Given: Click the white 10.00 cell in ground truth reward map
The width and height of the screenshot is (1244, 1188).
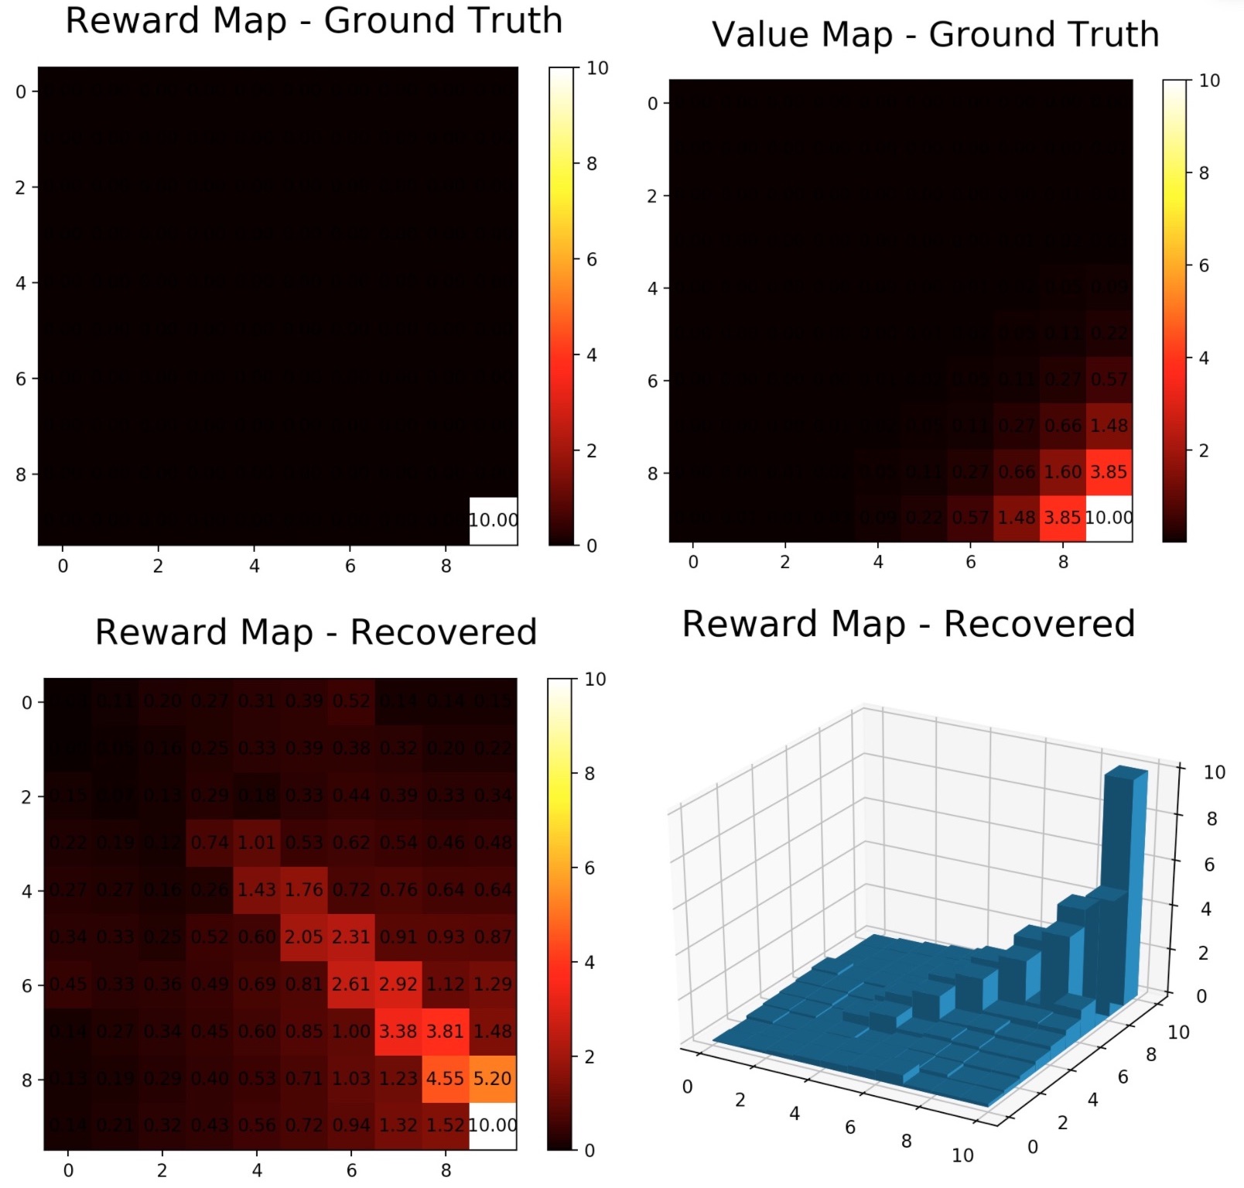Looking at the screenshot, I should pos(494,521).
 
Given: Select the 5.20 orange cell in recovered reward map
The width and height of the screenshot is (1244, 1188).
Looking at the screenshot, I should pos(492,1078).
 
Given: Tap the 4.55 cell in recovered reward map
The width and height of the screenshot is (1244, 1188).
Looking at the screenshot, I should pos(445,1078).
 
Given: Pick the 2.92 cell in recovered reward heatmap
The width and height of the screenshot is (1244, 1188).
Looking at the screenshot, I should pos(398,984).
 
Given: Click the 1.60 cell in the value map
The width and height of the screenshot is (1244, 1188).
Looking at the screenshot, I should pos(1062,472).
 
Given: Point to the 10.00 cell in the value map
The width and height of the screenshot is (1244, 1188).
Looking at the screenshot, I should pos(1109,518).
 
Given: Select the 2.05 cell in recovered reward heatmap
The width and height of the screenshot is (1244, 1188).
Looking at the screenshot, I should pos(304,936).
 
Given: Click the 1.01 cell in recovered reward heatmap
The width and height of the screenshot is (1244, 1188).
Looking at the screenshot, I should pos(257,842).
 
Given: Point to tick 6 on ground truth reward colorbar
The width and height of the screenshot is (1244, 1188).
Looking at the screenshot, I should pos(591,259).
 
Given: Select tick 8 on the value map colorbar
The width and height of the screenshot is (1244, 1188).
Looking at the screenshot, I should pos(1203,173).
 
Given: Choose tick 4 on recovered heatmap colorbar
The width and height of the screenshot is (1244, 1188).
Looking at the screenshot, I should pos(589,962).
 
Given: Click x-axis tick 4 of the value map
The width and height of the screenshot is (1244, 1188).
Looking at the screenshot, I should pos(877,563).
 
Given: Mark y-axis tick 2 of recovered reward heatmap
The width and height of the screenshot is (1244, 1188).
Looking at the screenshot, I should pos(26,796).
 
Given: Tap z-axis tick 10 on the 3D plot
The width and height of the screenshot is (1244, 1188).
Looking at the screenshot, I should pos(1214,772).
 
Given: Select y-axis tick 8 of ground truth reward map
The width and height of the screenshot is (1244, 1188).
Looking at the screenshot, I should pos(21,474).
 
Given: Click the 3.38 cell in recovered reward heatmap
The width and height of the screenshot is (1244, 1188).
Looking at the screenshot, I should pos(398,1031).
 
